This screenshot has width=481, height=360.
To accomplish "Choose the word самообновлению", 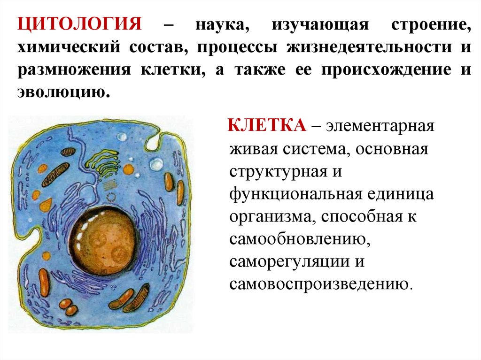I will point(298,239).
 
